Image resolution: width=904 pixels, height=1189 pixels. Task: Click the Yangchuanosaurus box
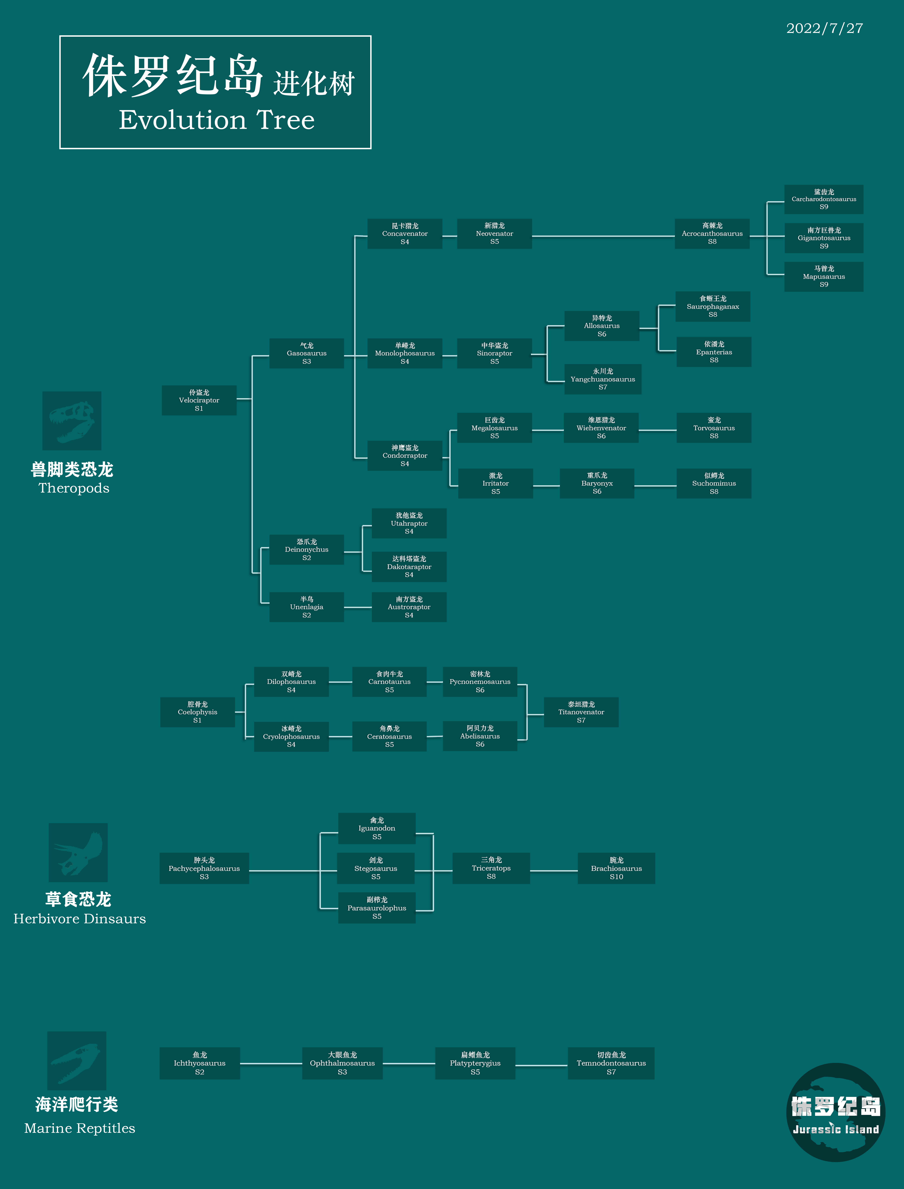point(603,379)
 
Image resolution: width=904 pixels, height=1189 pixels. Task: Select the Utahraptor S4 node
point(409,523)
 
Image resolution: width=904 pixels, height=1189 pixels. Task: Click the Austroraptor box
point(409,607)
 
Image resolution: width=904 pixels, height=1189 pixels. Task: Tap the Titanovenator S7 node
point(581,712)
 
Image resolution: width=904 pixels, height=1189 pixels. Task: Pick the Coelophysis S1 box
point(198,712)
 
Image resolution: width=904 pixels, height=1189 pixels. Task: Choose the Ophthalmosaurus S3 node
point(342,1063)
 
